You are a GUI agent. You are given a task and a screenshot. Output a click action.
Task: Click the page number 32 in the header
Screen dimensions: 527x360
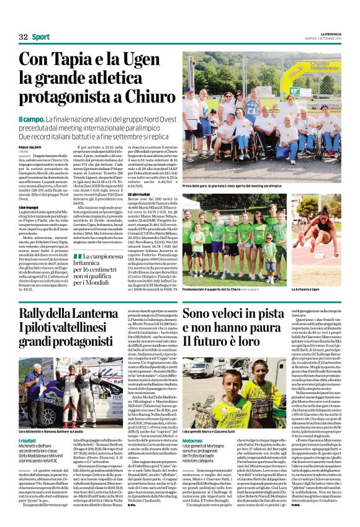click(23, 37)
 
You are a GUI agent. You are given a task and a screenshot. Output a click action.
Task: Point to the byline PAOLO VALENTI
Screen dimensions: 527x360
click(31, 146)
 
